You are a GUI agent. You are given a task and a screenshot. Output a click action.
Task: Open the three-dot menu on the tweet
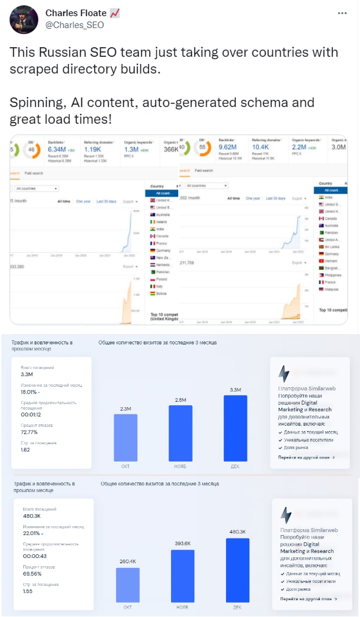342,13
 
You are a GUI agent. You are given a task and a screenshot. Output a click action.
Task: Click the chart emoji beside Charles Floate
115,13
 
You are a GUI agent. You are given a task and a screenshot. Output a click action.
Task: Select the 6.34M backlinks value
60,149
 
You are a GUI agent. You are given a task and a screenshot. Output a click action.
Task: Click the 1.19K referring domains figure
93,149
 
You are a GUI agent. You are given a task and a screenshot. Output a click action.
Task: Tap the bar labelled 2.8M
181,433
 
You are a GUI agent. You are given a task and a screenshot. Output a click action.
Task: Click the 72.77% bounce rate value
29,432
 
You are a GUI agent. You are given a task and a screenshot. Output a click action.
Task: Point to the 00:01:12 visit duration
32,414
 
